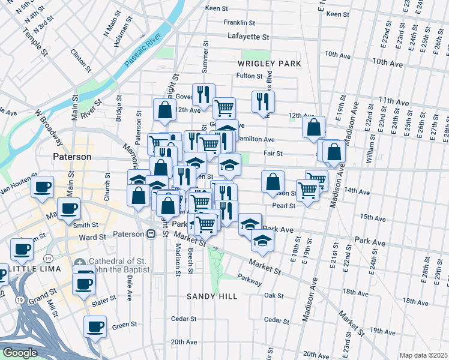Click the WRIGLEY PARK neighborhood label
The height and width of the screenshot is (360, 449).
tap(268, 63)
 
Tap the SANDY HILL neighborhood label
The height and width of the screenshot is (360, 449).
tap(212, 296)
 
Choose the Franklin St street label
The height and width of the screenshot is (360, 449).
tap(240, 23)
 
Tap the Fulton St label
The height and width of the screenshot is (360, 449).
tap(250, 76)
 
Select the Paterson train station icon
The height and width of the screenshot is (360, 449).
tap(153, 234)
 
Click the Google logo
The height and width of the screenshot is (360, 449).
tap(20, 353)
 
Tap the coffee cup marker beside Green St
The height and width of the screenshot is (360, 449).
tap(95, 327)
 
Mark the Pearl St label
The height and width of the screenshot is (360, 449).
tap(284, 206)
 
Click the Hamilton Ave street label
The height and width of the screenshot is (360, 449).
tap(256, 139)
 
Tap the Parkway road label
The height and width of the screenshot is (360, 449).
tap(249, 280)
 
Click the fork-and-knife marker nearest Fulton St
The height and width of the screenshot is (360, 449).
tap(262, 101)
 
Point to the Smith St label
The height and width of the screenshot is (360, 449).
tap(85, 226)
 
